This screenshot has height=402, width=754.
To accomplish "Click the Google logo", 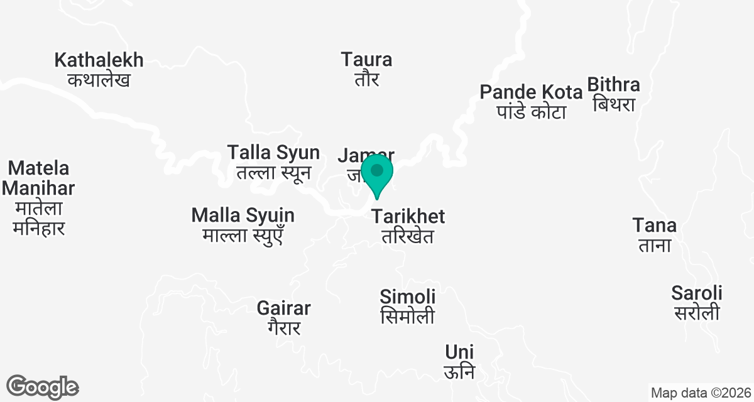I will click(42, 386).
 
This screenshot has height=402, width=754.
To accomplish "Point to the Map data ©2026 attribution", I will click(700, 393).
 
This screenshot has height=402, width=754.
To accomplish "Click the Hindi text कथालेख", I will click(99, 80).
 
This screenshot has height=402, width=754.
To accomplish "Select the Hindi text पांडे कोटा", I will click(531, 112).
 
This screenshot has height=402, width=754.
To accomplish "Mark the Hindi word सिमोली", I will click(408, 316).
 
